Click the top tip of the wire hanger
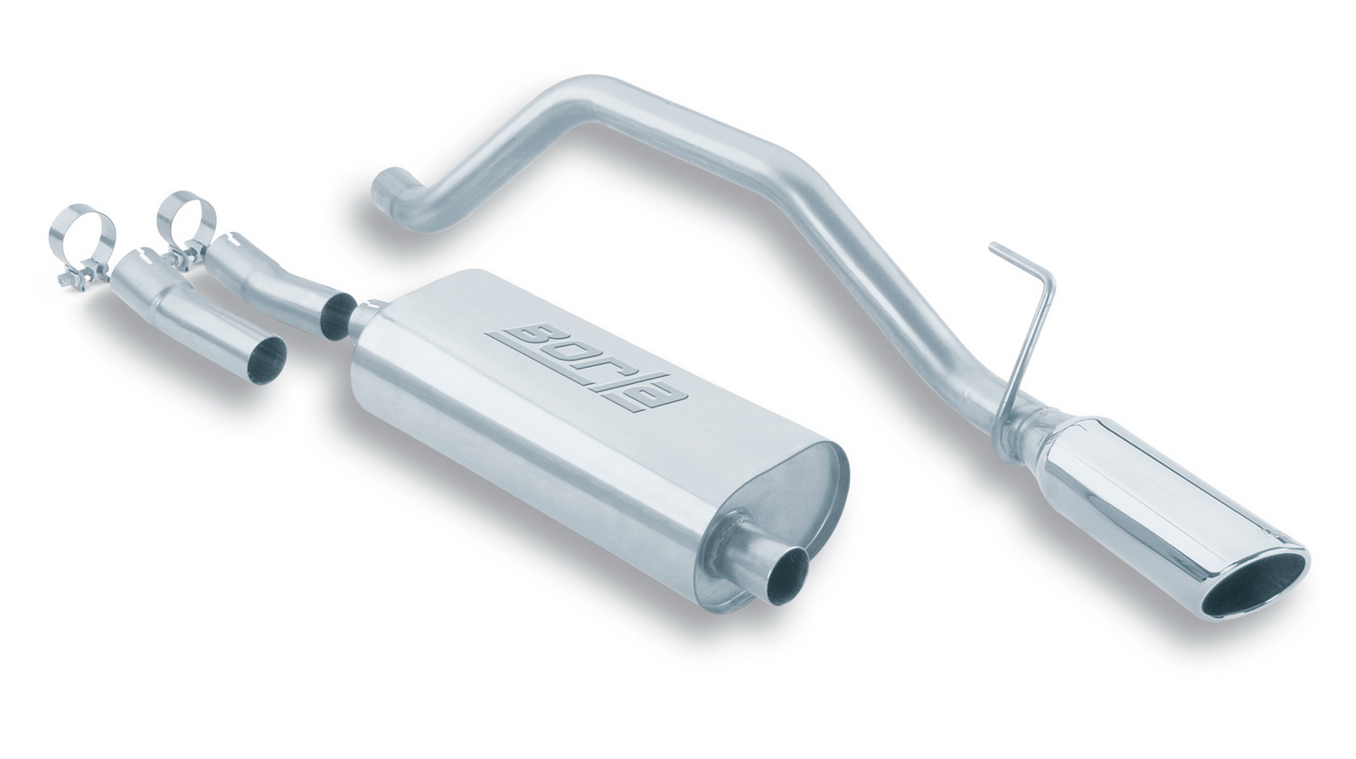[992, 245]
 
